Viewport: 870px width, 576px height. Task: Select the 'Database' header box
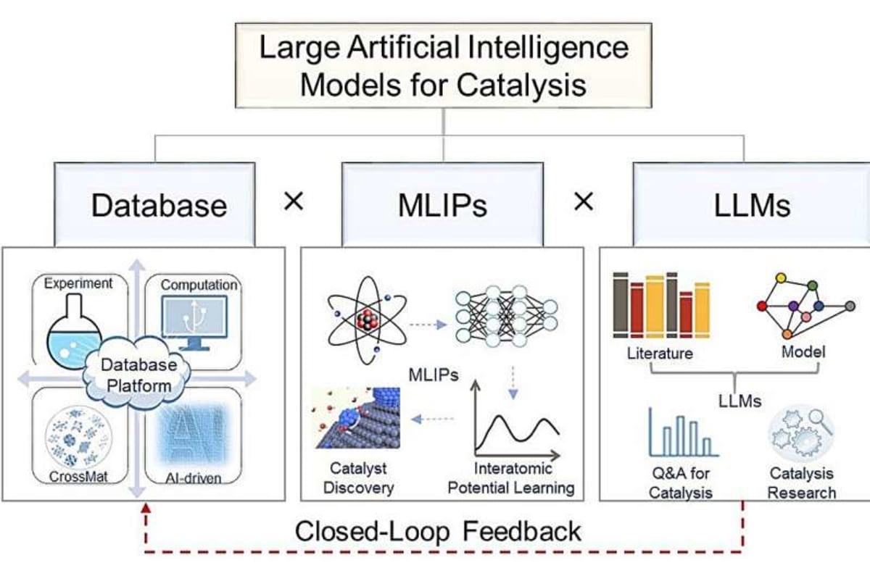tap(159, 206)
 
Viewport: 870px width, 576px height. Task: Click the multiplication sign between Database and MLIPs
tap(294, 202)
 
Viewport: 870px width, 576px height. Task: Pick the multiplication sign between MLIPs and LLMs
tap(584, 202)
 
